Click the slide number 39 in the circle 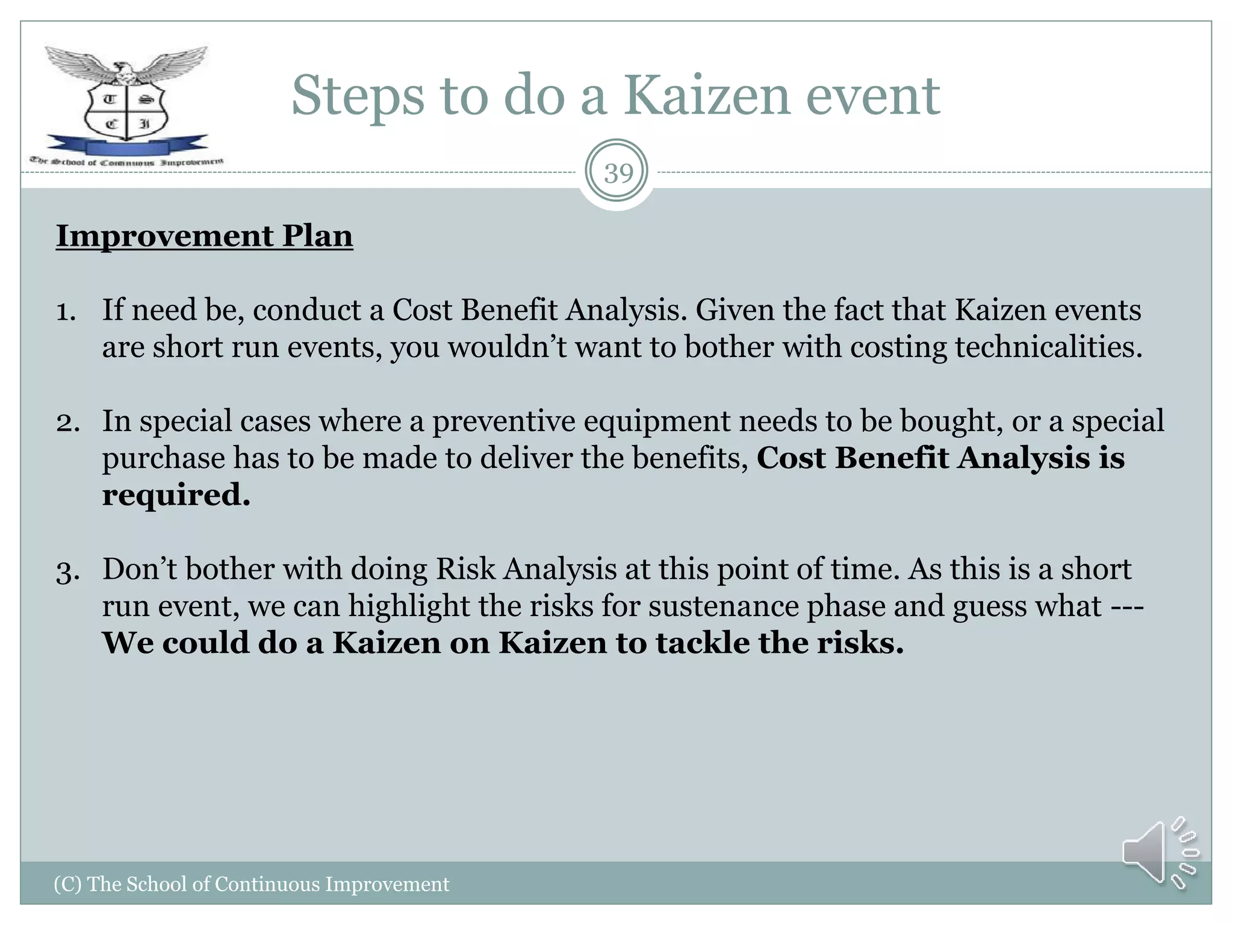(618, 173)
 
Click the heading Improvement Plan (204, 235)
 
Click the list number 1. (66, 311)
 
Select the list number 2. (67, 422)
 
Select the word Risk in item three (466, 569)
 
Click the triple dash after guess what (1127, 606)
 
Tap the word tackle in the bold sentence (702, 643)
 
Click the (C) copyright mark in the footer (67, 884)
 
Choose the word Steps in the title (358, 96)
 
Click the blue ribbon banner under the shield (126, 147)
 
